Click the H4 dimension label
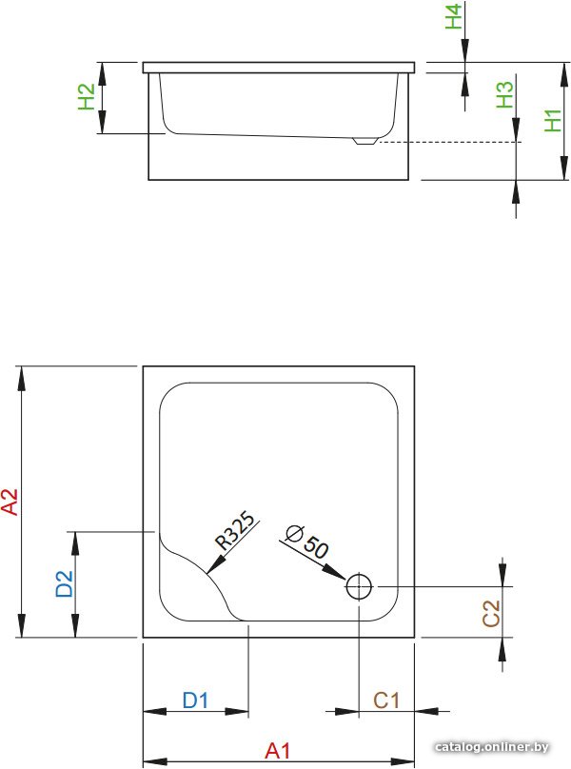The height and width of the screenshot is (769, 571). (454, 16)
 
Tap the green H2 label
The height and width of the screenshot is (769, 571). (87, 97)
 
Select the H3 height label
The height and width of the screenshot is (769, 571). (504, 94)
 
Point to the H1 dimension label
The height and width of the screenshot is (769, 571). (553, 121)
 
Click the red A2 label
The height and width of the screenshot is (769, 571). (10, 502)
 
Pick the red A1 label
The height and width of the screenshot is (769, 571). (278, 751)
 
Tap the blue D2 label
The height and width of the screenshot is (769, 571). (65, 583)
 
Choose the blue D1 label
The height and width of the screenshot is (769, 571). (195, 700)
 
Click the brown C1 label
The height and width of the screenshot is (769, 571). (386, 700)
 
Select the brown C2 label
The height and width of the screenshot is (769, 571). (491, 613)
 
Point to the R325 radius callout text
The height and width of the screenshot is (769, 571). (236, 531)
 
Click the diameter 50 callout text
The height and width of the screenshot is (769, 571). (307, 541)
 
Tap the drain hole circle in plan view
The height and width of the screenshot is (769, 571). (359, 574)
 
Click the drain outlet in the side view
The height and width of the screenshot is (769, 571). (365, 141)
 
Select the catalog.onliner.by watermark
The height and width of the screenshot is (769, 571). (491, 747)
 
